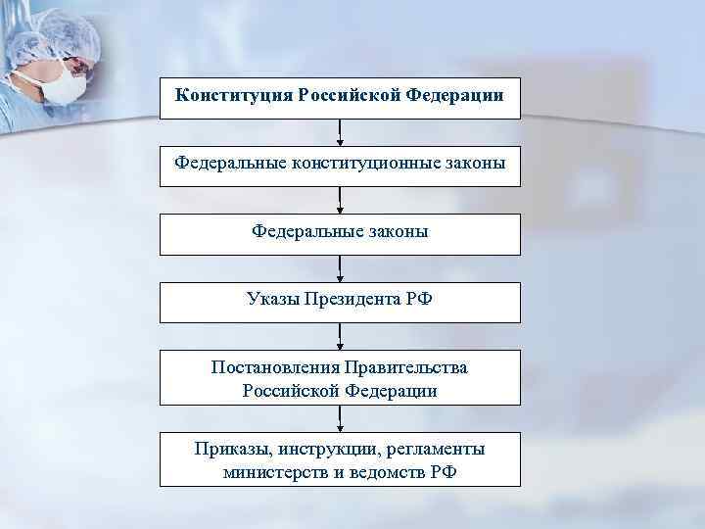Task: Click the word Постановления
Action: [x=273, y=367]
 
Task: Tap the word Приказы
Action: [x=231, y=449]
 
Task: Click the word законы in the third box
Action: [x=396, y=232]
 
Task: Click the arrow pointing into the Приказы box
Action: [x=340, y=417]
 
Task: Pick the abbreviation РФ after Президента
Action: [x=418, y=299]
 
